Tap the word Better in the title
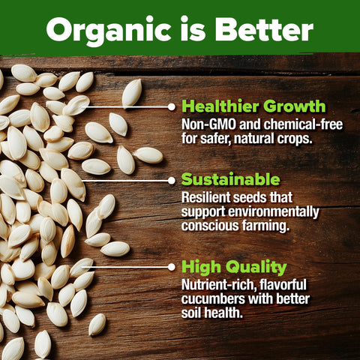pos(264,29)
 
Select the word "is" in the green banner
pos(193,28)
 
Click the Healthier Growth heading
pos(253,106)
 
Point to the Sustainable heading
pos(230,179)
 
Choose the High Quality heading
pos(234,267)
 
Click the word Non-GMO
pos(208,124)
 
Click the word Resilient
pos(206,197)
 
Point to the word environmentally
pos(274,212)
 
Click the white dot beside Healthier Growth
pos(172,107)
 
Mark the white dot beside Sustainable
pos(172,181)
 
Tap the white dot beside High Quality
pos(172,267)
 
